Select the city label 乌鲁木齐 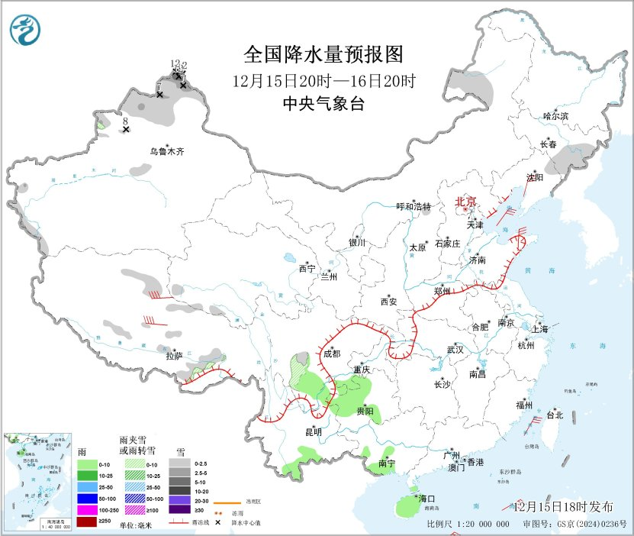coord(166,151)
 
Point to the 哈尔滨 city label coord(555,116)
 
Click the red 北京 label coord(465,202)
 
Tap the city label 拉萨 coord(174,355)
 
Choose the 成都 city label coord(332,354)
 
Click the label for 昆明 coord(314,432)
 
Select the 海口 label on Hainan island coord(426,499)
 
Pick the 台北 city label coord(554,415)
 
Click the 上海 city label coord(540,330)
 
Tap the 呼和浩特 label coord(414,207)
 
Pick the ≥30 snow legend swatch coord(179,509)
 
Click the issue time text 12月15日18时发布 coord(563,506)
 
